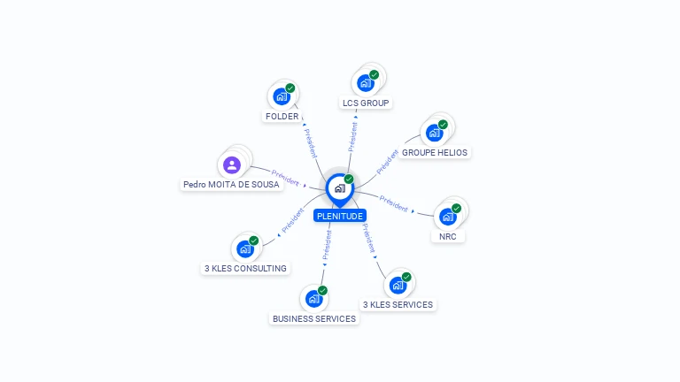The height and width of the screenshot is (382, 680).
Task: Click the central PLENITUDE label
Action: coord(339,216)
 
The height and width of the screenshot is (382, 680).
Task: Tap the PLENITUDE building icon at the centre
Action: coord(339,188)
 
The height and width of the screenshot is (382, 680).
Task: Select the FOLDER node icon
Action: coord(282,96)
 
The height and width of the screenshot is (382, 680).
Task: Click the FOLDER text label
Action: coord(282,117)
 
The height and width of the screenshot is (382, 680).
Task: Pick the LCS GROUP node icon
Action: coord(366,83)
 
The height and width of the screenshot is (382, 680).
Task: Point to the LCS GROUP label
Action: coord(366,103)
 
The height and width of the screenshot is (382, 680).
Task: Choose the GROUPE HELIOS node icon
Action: coord(434,133)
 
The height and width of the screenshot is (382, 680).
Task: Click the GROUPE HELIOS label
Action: coord(435,153)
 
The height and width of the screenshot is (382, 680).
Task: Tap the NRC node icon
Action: coord(448,217)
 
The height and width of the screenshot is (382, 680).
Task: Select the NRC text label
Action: coord(448,237)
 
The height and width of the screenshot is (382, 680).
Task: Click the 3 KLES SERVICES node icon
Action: coord(398,285)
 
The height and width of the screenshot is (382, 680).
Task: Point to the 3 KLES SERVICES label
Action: coord(398,305)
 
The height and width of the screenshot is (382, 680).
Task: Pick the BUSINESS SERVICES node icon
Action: coord(313,299)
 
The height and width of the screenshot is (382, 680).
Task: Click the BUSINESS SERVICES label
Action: coord(314,319)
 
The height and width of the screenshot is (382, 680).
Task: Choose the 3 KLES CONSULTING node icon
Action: coord(245,248)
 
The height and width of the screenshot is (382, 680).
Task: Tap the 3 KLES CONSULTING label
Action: coord(245,269)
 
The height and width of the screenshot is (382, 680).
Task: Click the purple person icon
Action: coord(232,164)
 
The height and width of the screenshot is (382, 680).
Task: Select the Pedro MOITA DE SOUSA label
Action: coord(231,185)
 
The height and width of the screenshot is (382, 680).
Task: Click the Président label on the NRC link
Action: coord(393,203)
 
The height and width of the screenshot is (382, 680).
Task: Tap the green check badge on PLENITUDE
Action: coord(349,180)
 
